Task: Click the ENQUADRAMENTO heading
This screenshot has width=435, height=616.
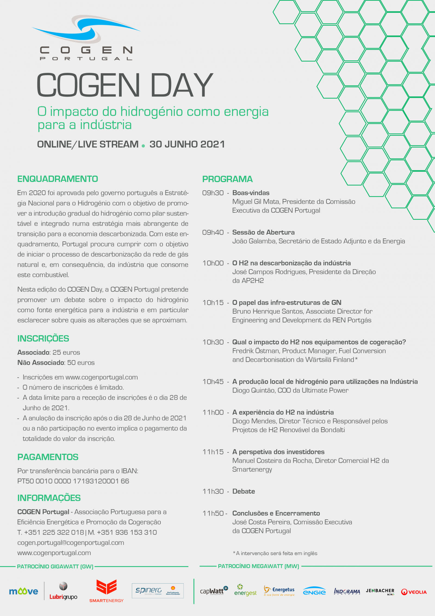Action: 58,179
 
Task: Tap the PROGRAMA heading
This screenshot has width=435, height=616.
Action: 227,179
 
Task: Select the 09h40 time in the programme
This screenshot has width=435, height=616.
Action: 213,232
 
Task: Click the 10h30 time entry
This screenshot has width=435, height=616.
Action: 213,342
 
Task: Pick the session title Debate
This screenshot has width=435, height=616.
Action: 244,491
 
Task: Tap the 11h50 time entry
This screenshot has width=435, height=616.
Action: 213,513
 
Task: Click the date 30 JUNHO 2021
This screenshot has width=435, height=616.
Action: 187,144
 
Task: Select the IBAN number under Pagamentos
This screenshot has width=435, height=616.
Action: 73,481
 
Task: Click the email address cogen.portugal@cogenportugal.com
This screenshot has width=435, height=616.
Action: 71,543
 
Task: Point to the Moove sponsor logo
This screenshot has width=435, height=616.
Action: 23,591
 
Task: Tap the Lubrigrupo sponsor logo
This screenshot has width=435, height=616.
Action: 63,591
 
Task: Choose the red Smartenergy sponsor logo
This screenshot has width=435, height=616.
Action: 106,591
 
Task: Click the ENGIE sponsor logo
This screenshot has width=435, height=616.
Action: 314,591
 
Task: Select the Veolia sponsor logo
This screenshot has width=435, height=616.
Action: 414,592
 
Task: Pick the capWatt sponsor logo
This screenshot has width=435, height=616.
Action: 214,591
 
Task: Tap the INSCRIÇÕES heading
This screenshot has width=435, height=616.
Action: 43,338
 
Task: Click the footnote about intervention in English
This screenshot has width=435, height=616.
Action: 275,553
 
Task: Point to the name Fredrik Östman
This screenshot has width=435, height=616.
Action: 256,351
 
